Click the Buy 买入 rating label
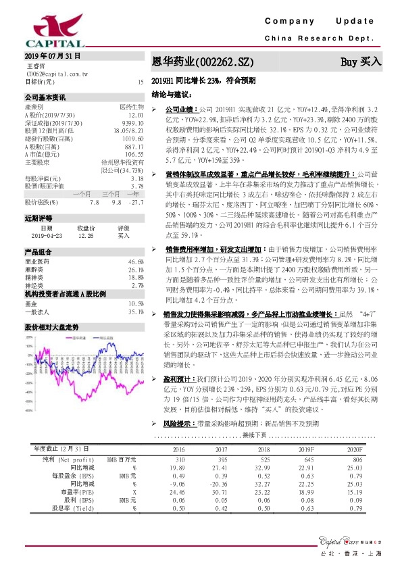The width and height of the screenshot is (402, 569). (360, 62)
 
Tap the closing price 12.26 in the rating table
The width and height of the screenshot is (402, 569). (84, 235)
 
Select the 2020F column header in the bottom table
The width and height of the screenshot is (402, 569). (354, 430)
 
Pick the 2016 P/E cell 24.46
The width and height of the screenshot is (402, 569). (177, 473)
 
